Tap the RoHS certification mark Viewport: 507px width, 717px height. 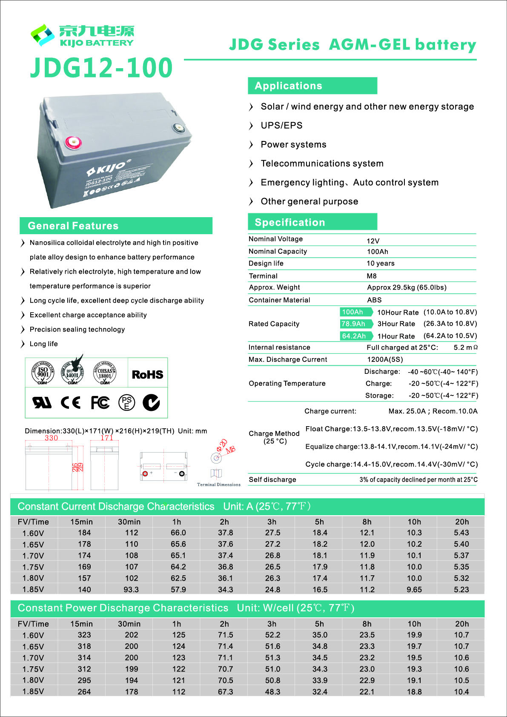(x=147, y=375)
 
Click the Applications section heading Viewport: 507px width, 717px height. (x=288, y=86)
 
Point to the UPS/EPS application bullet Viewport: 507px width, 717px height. (x=281, y=126)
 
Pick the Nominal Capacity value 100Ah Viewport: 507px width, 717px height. (x=377, y=252)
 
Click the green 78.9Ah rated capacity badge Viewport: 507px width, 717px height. (x=354, y=324)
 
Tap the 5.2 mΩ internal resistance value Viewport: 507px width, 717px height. (x=465, y=347)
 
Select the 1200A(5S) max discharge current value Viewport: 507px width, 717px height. (x=385, y=360)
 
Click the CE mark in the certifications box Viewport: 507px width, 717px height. (x=71, y=402)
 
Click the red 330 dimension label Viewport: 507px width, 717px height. (x=51, y=438)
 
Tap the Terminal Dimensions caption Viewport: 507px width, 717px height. (x=218, y=485)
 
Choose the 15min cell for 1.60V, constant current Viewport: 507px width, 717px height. (x=84, y=533)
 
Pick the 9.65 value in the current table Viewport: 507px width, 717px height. (x=414, y=590)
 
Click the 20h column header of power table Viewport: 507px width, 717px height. (x=461, y=624)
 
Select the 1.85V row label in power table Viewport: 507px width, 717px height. (x=33, y=692)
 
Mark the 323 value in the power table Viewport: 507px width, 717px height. (x=84, y=635)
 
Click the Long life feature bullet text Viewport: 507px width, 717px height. (x=43, y=344)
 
